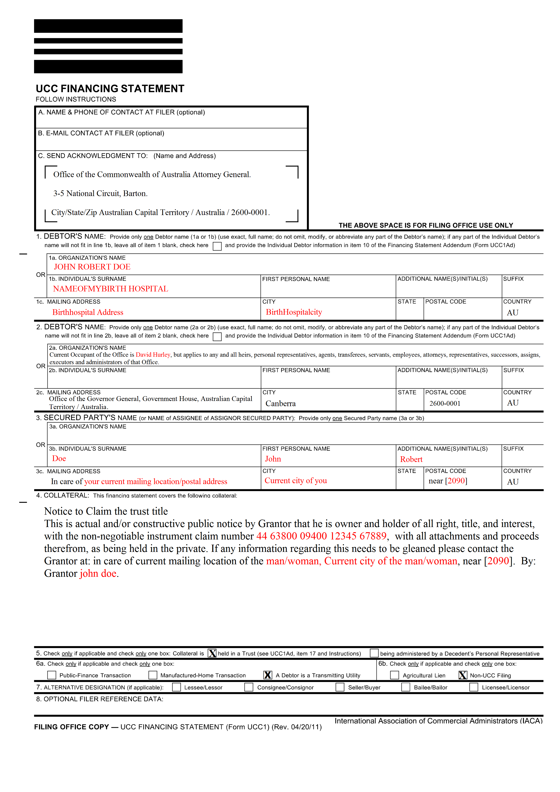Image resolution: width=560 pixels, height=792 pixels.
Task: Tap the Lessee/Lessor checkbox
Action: coord(177,687)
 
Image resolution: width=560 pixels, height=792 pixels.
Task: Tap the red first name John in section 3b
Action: coord(273,459)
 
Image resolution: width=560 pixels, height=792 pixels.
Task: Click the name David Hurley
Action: coord(153,355)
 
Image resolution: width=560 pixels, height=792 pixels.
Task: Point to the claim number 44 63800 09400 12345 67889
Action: coord(321,536)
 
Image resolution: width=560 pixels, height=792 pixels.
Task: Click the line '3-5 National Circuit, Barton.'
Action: coord(100,194)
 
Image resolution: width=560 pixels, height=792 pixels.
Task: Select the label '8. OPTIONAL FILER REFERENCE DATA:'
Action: coord(100,699)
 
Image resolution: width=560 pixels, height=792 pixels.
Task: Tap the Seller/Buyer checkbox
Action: coord(340,687)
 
